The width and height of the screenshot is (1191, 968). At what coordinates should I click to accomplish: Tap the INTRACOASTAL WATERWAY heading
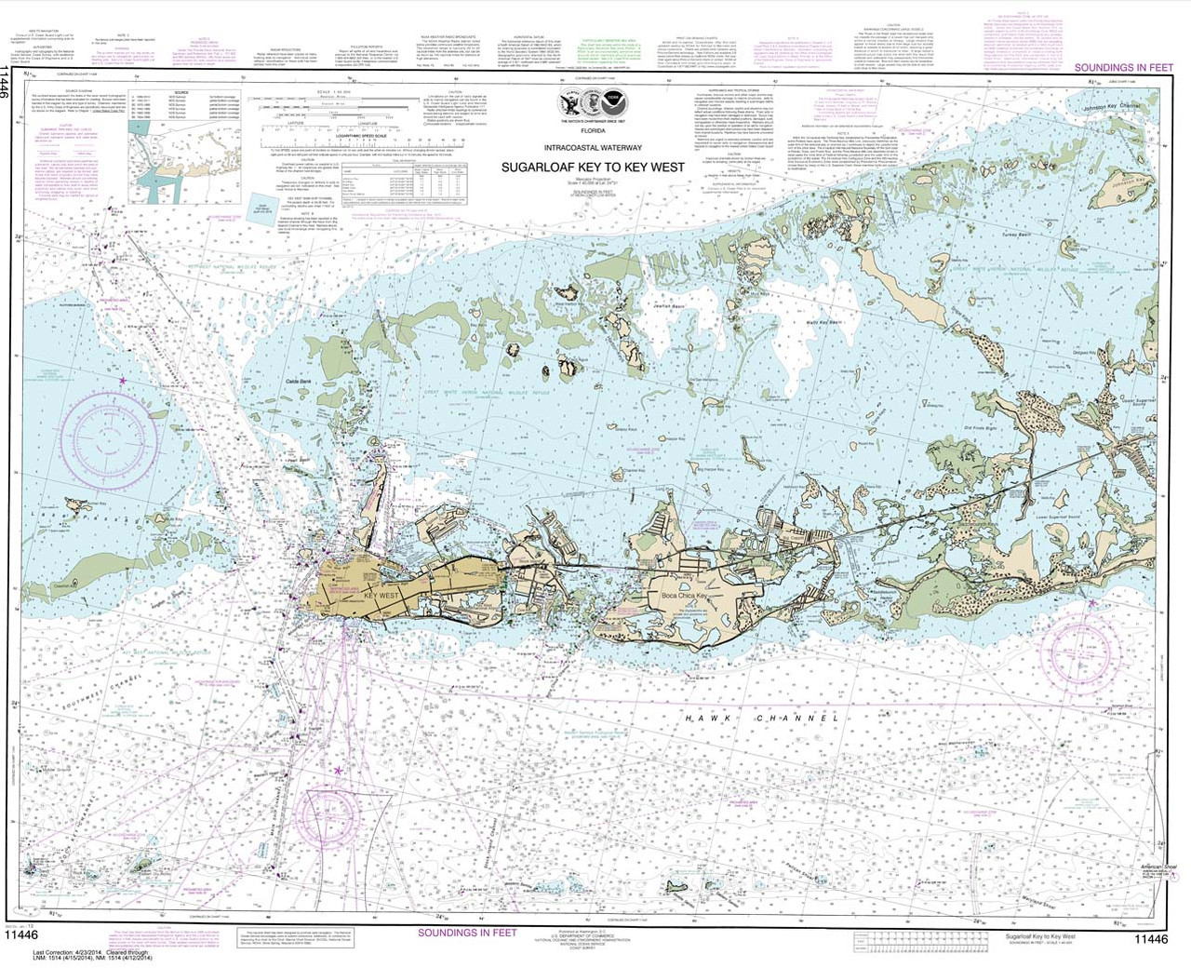click(x=593, y=147)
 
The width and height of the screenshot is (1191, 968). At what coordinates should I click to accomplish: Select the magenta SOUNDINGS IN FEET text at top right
click(x=1123, y=68)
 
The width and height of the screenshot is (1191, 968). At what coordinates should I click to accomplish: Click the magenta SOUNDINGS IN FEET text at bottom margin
click(x=466, y=932)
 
